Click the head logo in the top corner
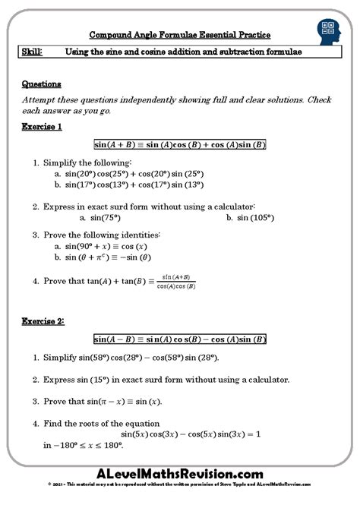click(328, 32)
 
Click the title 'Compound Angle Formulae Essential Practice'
click(179, 35)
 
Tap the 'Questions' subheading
click(42, 84)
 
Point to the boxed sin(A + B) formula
click(179, 144)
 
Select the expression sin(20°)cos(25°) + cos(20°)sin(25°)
click(134, 173)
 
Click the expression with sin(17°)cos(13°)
click(134, 184)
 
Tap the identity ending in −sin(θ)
click(110, 258)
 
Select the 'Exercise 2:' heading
click(44, 321)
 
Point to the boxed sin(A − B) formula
click(179, 339)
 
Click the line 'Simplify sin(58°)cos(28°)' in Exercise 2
click(140, 358)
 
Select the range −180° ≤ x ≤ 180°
click(82, 445)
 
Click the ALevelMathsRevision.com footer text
click(179, 473)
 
